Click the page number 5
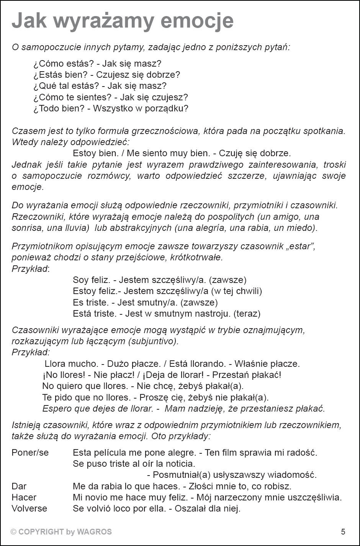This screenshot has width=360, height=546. coord(343,531)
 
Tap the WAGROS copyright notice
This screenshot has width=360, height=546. coord(61,531)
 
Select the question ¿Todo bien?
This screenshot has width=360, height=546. coord(59,108)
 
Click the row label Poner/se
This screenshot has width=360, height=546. coord(30,453)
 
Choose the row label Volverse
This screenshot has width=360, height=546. coord(29,508)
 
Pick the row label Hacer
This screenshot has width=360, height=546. coord(24,497)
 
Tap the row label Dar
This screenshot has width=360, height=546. coord(19,486)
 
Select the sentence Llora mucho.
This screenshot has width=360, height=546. coord(71,363)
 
